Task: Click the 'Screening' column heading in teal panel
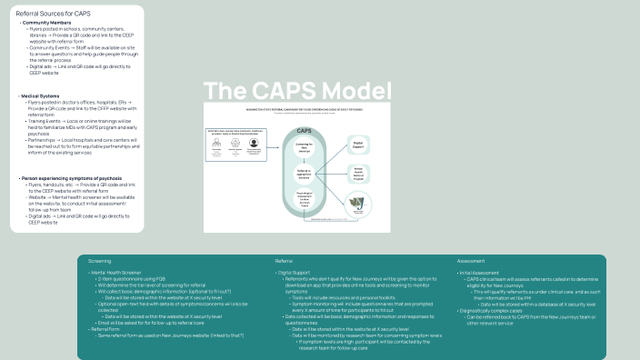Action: pos(100,262)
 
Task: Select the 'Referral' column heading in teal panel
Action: pos(284,262)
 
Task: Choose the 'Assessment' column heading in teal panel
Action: pos(471,262)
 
